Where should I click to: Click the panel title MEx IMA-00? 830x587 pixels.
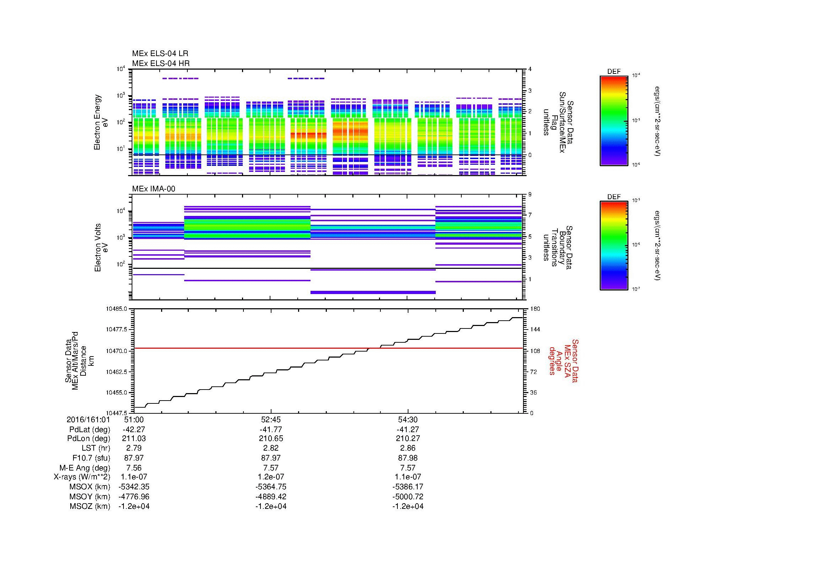(154, 189)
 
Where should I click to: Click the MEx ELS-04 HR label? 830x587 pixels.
(161, 63)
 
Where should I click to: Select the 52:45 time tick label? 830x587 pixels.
(271, 420)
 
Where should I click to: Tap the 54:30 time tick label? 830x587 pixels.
(408, 420)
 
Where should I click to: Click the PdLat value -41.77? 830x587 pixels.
(271, 430)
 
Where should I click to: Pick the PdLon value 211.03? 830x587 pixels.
(134, 438)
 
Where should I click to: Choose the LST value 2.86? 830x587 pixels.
(408, 448)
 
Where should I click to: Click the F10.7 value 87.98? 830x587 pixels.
(408, 458)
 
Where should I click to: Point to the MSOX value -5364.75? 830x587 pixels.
(271, 487)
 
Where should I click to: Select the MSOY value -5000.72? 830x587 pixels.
(408, 496)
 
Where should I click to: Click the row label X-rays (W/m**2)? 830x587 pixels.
(82, 477)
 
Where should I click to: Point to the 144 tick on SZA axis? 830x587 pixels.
(535, 330)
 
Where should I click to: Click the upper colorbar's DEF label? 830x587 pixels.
(614, 72)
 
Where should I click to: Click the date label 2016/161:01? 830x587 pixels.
(88, 420)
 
